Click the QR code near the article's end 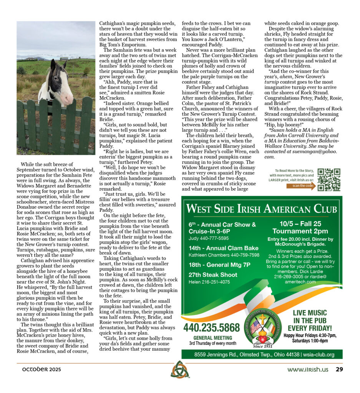[x=328, y=180]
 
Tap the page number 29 [x=339, y=370]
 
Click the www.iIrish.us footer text [x=308, y=370]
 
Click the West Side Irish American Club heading [x=261, y=209]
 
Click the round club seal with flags [x=263, y=326]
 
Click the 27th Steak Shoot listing [x=213, y=275]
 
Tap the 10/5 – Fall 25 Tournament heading [x=300, y=228]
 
